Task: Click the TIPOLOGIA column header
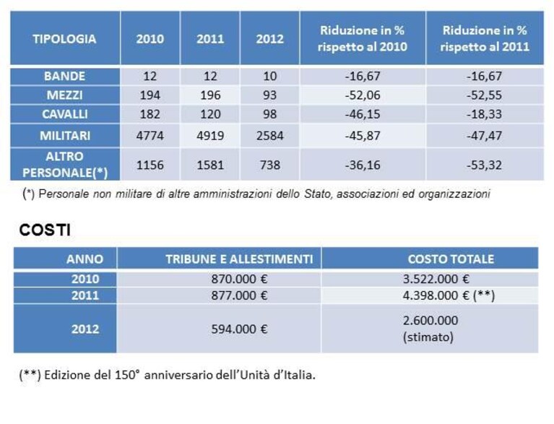coord(64,38)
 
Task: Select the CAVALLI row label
coord(65,114)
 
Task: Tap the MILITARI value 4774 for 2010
coord(150,136)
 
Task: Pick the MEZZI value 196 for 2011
coord(210,95)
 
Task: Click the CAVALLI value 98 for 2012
coord(270,114)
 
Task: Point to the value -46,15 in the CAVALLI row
coord(363,114)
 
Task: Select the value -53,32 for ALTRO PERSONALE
coord(484,165)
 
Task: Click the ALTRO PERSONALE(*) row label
coord(65,164)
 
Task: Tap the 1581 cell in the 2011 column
coord(210,165)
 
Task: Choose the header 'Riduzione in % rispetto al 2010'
coord(363,38)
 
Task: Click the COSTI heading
coord(45,230)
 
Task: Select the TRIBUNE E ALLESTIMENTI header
coord(239,259)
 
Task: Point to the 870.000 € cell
coord(239,279)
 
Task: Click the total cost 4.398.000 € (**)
coord(449,295)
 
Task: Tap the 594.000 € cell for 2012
coord(239,329)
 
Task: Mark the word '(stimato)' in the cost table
coord(428,337)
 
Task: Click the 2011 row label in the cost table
coord(85,295)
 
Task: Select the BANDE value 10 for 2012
coord(270,76)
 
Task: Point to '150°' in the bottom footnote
coord(127,375)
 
